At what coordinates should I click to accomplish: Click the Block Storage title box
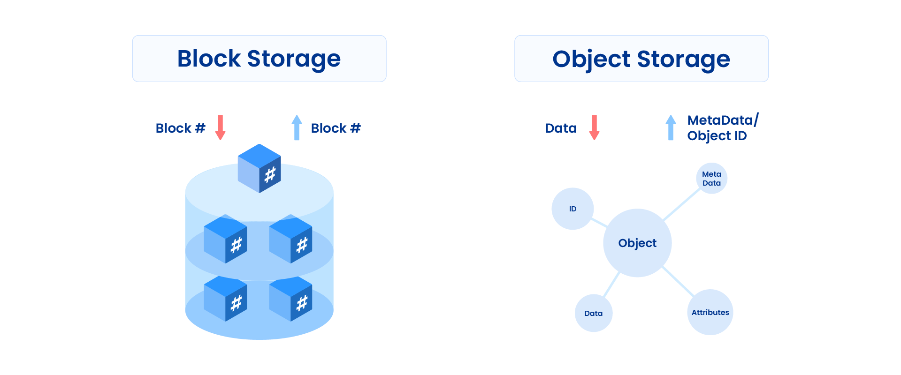[x=259, y=59]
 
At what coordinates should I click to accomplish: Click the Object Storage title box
[x=641, y=59]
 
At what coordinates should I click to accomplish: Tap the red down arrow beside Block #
[x=220, y=127]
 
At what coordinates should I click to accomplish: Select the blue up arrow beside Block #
[x=297, y=127]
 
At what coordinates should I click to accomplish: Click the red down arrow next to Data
[x=594, y=127]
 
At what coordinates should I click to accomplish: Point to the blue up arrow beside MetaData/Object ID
[x=671, y=127]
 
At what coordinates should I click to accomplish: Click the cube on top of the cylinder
[x=260, y=168]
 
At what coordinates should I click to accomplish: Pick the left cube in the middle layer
[x=225, y=239]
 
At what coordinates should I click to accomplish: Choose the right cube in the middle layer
[x=290, y=239]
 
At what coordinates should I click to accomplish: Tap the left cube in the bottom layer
[x=225, y=299]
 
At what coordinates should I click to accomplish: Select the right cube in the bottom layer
[x=290, y=299]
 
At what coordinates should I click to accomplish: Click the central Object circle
[x=637, y=243]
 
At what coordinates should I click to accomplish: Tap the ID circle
[x=573, y=209]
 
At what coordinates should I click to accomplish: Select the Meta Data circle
[x=711, y=178]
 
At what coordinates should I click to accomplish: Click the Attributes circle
[x=710, y=312]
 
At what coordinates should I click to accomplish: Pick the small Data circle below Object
[x=594, y=313]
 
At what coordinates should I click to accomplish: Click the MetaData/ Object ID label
[x=722, y=128]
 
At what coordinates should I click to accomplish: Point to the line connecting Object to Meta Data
[x=681, y=204]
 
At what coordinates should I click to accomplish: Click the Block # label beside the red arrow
[x=180, y=128]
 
